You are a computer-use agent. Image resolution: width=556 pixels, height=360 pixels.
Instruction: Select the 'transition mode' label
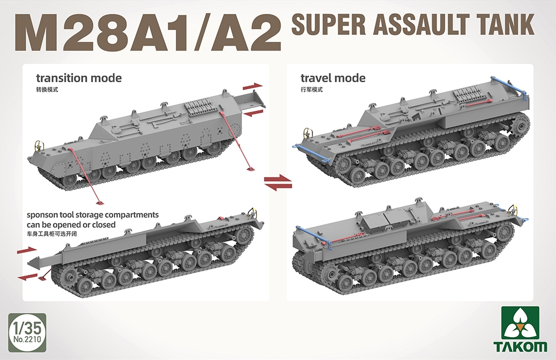pos(78,78)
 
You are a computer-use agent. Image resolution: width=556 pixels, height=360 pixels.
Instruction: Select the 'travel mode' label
pos(333,78)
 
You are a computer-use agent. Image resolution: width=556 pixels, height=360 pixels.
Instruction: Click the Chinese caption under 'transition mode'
pos(47,89)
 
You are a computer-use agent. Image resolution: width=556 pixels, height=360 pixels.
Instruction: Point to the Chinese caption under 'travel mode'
pos(311,89)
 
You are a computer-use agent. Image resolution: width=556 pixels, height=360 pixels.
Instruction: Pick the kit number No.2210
pos(27,337)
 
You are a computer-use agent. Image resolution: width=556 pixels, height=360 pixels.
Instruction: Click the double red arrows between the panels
pos(277,182)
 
